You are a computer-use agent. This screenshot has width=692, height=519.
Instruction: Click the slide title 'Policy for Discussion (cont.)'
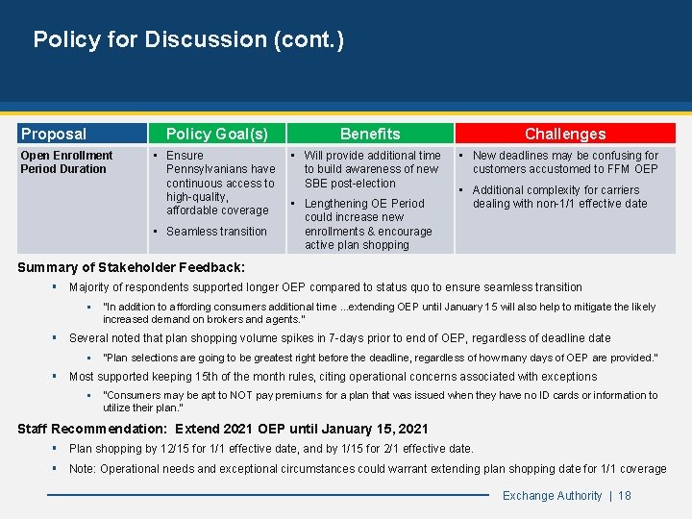[188, 39]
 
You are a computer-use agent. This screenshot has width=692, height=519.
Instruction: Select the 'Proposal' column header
[54, 135]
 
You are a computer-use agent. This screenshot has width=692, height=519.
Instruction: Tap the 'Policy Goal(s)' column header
[217, 135]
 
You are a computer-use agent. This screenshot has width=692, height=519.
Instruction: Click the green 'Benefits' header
[370, 135]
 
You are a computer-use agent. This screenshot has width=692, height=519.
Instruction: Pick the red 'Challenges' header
[565, 135]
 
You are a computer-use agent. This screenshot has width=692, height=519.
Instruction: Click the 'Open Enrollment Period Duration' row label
[66, 162]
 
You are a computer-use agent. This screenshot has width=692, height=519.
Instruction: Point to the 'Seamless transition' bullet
[216, 232]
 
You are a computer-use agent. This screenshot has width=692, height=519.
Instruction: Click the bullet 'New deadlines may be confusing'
[565, 162]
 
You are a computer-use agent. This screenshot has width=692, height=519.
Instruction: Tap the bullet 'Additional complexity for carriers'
[560, 197]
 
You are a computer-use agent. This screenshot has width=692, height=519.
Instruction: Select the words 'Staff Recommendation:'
[92, 429]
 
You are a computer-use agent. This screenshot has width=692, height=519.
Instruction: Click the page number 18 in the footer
[625, 496]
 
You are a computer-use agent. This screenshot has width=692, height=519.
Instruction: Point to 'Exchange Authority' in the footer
[553, 496]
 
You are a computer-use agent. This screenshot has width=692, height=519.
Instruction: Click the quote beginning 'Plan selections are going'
[380, 358]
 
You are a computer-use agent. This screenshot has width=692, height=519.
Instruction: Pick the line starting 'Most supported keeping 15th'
[333, 377]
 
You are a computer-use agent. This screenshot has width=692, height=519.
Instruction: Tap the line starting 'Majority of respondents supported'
[325, 287]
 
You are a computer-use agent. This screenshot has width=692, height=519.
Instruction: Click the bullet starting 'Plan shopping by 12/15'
[271, 449]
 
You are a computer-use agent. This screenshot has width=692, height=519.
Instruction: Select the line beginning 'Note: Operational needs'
[367, 469]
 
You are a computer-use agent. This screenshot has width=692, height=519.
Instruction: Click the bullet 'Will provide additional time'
[372, 169]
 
